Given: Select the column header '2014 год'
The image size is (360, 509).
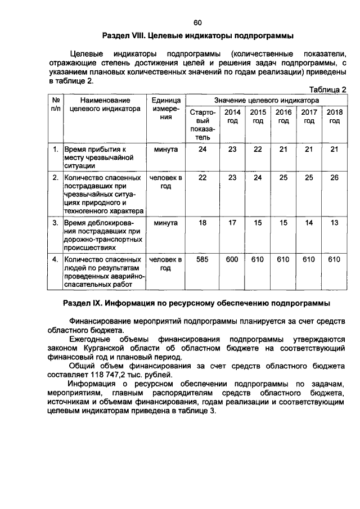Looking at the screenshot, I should (x=232, y=116).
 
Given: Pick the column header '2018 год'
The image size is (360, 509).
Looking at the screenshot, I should (x=334, y=116).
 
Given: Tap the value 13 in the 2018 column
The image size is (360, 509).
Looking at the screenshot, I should (x=334, y=223).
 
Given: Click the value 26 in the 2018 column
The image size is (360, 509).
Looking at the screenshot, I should (x=334, y=178).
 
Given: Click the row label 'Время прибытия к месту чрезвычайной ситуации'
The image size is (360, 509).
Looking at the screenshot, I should (x=96, y=158).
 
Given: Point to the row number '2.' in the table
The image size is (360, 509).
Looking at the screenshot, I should (x=56, y=178).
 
